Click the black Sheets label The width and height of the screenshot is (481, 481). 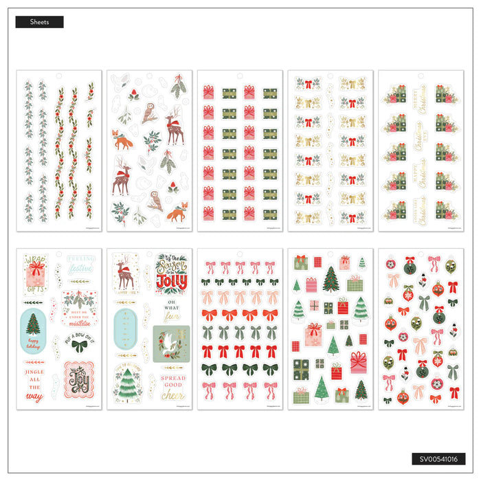pyautogui.click(x=39, y=22)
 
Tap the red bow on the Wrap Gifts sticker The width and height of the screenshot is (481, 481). pyautogui.click(x=36, y=264)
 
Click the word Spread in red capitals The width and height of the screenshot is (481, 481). pyautogui.click(x=173, y=378)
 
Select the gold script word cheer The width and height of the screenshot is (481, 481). pyautogui.click(x=173, y=396)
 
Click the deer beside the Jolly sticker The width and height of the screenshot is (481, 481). pyautogui.click(x=127, y=271)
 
